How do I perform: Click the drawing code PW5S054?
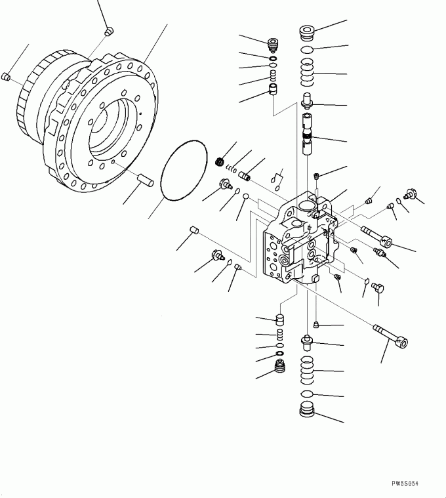[x=405, y=484]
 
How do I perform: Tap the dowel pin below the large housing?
[x=146, y=179]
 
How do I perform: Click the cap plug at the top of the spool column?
[x=307, y=33]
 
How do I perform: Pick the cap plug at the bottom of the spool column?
[x=307, y=409]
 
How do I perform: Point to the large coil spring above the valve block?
[x=307, y=72]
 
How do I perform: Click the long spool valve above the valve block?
[x=307, y=134]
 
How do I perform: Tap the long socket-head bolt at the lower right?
[x=390, y=336]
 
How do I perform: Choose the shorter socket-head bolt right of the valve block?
[x=376, y=237]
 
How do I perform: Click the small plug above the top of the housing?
[x=109, y=31]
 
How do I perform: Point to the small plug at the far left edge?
[x=6, y=76]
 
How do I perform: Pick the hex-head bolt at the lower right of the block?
[x=378, y=288]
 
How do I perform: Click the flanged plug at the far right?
[x=410, y=194]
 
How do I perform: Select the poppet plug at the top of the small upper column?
[x=273, y=45]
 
